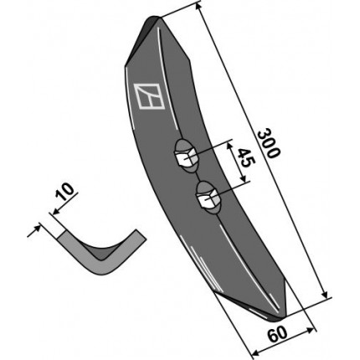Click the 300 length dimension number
268,143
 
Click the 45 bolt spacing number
244,157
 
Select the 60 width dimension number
277,334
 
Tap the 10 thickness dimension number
64,192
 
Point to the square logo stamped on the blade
149,95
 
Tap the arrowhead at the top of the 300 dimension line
198,7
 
